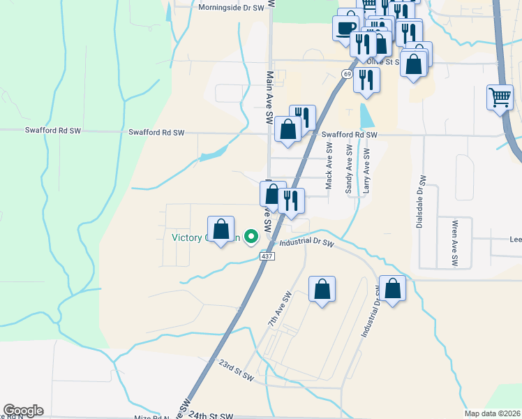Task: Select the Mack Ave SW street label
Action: [x=329, y=166]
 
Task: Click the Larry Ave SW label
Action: [x=366, y=170]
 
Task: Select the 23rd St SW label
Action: [x=235, y=370]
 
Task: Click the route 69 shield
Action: [x=347, y=73]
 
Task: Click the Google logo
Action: [x=23, y=411]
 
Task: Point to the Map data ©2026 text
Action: [x=492, y=413]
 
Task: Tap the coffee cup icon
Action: [x=344, y=28]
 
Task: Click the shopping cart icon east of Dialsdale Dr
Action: [x=500, y=98]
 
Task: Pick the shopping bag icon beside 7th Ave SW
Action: [x=322, y=290]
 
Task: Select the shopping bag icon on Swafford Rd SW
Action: [x=288, y=129]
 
